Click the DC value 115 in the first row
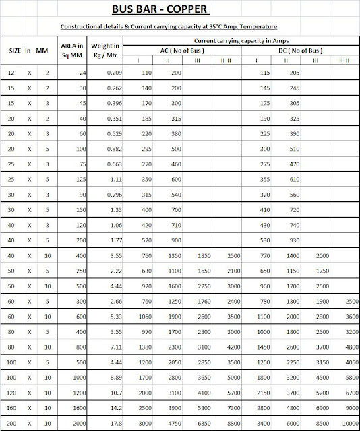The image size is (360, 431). tap(265, 71)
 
